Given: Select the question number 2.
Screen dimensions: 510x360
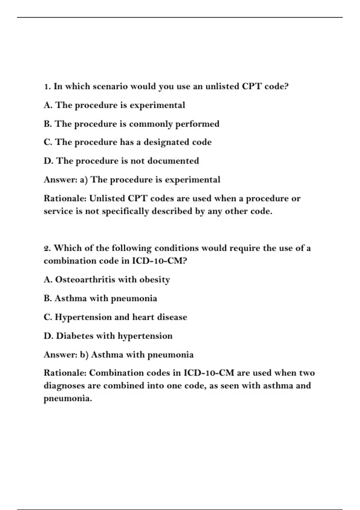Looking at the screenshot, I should [47, 248].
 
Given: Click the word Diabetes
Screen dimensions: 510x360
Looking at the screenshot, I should [75, 336].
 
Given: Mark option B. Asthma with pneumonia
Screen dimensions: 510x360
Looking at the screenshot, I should [100, 298].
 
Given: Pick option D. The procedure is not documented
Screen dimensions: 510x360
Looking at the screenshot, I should [121, 161].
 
